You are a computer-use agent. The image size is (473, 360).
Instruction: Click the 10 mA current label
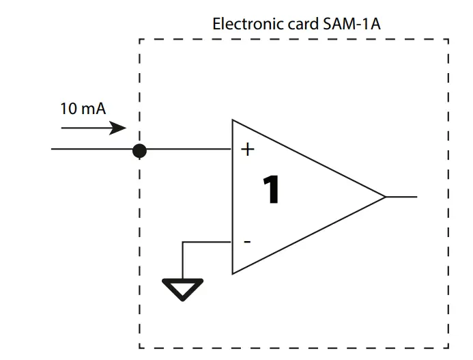[83, 109]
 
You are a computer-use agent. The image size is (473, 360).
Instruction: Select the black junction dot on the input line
[139, 150]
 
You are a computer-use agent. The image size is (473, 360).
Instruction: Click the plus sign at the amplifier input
[248, 150]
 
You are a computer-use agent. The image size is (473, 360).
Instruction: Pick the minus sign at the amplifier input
[247, 242]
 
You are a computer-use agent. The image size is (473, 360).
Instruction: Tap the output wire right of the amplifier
[402, 197]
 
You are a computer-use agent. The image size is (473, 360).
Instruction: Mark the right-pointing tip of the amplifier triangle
[386, 197]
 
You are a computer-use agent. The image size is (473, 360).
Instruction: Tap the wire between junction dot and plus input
[188, 149]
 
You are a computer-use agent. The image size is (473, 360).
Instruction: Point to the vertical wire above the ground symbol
[182, 260]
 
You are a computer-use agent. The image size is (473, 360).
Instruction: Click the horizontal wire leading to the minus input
[207, 243]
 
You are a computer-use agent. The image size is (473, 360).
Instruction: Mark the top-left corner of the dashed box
[139, 40]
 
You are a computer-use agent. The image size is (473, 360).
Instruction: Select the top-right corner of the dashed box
[448, 40]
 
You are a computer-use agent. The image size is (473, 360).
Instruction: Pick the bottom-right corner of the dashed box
[448, 347]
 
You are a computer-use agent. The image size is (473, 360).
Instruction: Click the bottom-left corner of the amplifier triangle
[233, 273]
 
